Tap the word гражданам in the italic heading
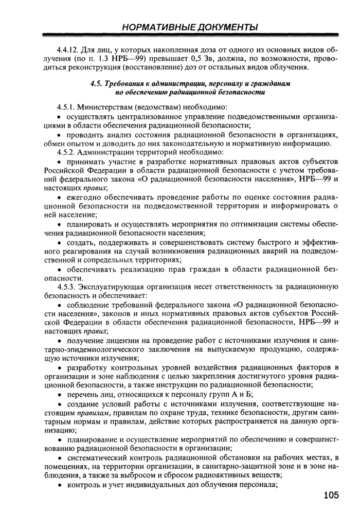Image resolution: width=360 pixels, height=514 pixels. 270,83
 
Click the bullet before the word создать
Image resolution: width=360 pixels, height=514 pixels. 59,242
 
